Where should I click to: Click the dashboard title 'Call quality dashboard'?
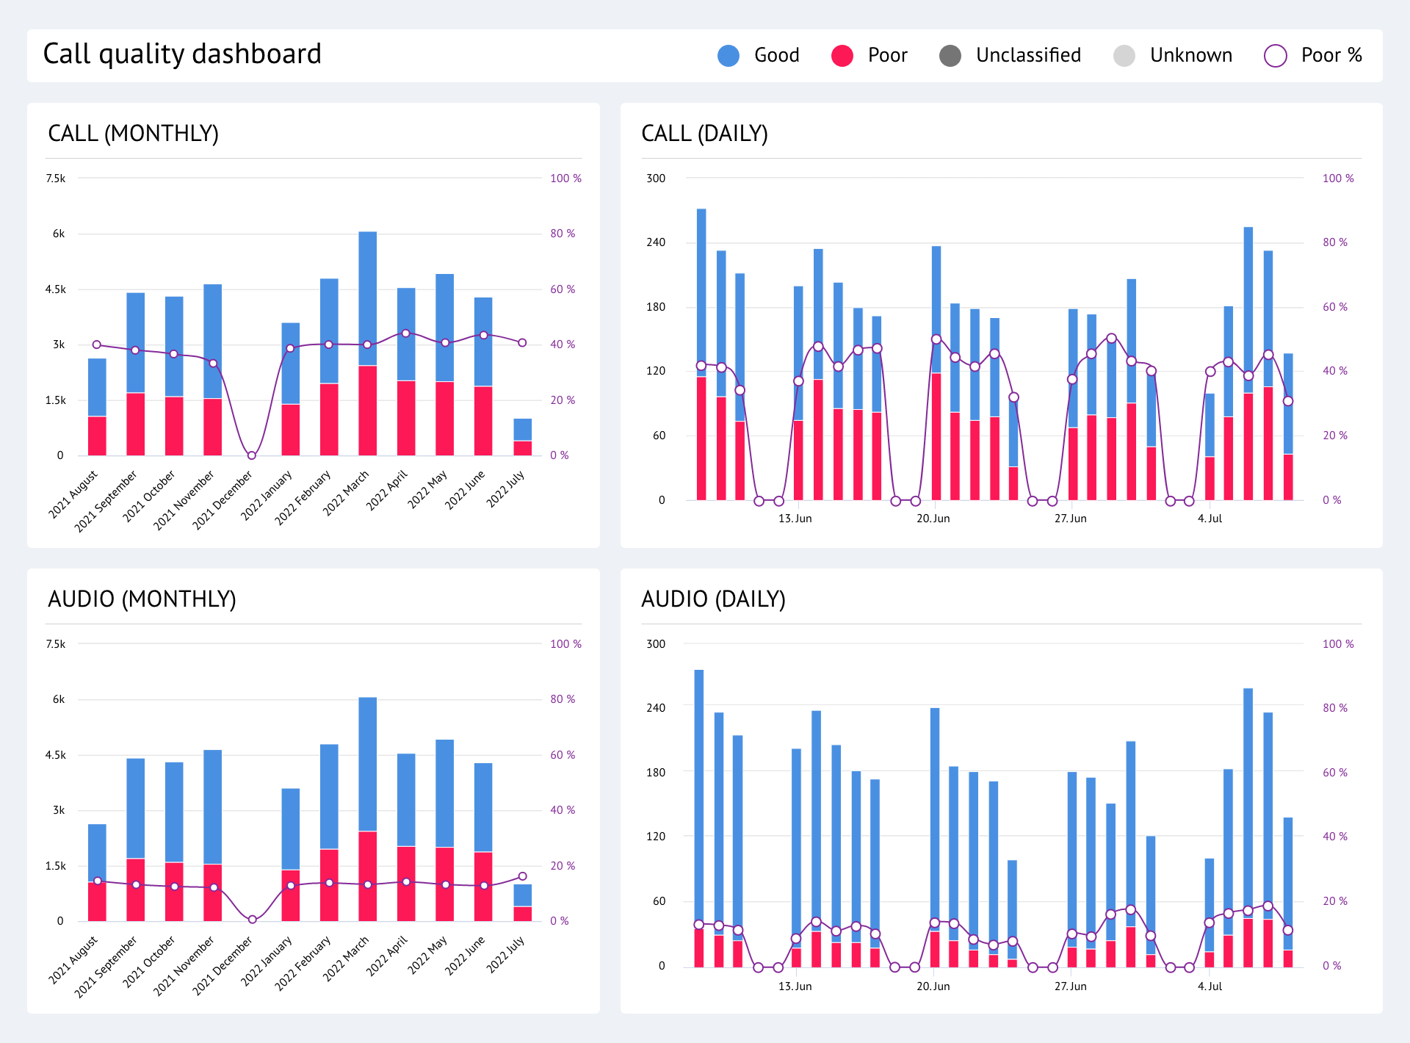[182, 54]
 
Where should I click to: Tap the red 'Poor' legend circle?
[842, 56]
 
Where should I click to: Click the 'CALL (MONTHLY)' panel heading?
[133, 134]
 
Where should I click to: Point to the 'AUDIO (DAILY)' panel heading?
[713, 599]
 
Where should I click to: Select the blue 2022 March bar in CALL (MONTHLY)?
[367, 297]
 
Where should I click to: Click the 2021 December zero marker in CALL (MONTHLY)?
[251, 455]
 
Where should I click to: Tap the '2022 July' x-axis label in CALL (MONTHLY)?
[507, 488]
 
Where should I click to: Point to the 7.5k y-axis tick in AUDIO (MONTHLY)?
[56, 644]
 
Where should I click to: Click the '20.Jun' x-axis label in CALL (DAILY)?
[933, 519]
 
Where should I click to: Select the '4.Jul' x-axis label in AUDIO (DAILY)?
[1210, 986]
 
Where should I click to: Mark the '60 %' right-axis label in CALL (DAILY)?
[1334, 307]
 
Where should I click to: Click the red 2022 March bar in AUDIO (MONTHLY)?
[367, 876]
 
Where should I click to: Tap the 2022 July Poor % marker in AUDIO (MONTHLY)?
[522, 876]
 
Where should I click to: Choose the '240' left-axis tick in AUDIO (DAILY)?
[655, 708]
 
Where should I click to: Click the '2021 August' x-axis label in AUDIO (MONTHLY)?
[73, 959]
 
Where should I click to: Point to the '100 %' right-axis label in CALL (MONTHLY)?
[565, 178]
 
